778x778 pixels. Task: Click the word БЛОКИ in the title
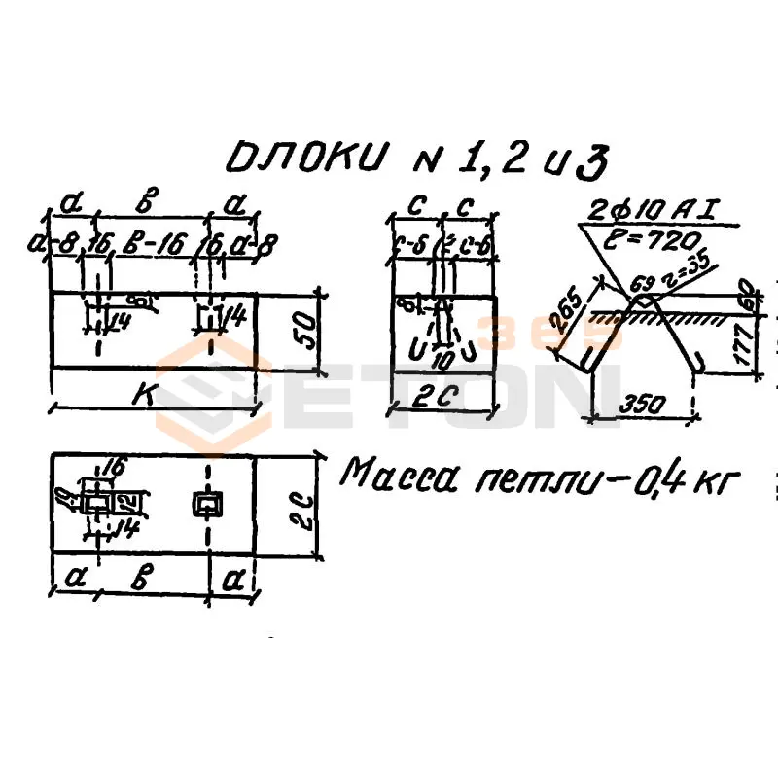[303, 159]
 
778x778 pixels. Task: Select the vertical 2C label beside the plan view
[305, 506]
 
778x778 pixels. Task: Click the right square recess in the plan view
[207, 503]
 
